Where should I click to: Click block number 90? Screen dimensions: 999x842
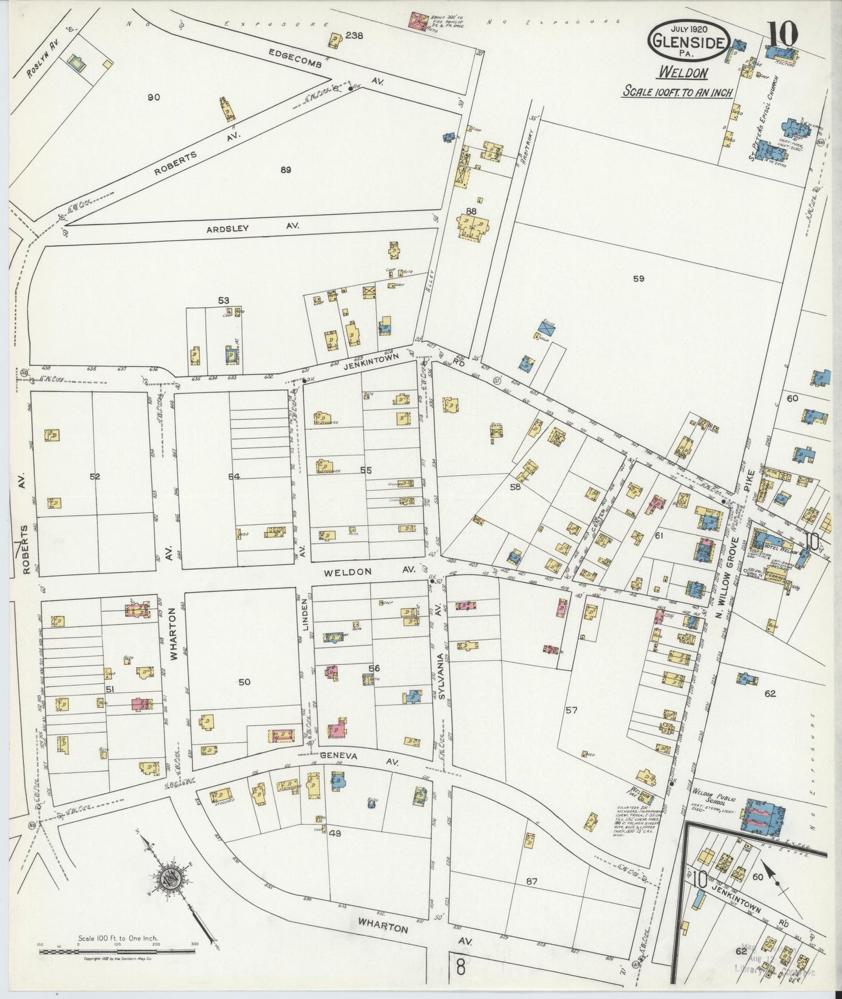click(x=153, y=97)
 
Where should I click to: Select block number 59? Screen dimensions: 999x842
click(x=639, y=279)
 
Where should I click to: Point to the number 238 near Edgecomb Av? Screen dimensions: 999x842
click(x=354, y=36)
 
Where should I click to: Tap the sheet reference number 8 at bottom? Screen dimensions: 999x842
click(x=460, y=969)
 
